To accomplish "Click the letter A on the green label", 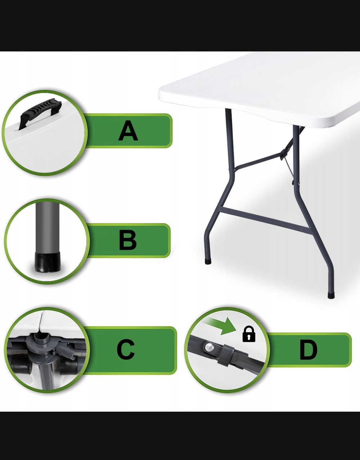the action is [128, 131].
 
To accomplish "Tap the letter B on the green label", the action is [128, 240].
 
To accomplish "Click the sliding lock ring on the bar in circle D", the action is [226, 356].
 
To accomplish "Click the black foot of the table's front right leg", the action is [331, 295].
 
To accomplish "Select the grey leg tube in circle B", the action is [48, 227].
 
